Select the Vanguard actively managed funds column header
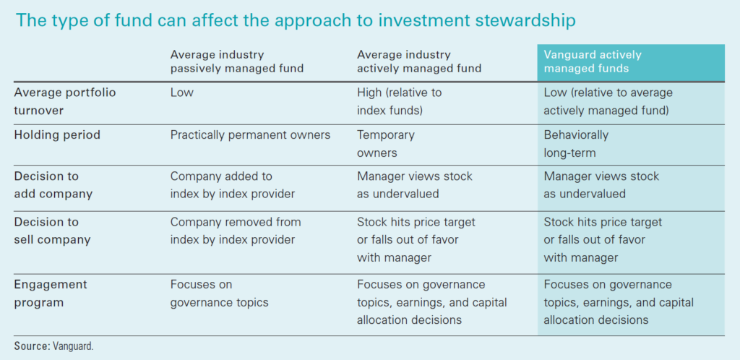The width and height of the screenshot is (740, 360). [x=593, y=61]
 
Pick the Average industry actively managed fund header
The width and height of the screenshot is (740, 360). [x=419, y=61]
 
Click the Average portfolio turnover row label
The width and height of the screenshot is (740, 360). [x=65, y=101]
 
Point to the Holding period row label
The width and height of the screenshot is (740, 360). [x=57, y=134]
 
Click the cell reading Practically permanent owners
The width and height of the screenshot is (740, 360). [x=249, y=134]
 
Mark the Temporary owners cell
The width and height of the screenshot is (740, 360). [x=386, y=143]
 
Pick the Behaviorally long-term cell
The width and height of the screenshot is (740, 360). [x=576, y=143]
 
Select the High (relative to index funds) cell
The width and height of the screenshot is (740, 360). [x=399, y=101]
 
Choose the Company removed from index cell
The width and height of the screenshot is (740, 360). [x=235, y=230]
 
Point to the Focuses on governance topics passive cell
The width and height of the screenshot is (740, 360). [x=219, y=293]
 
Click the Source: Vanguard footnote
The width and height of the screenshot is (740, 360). [x=54, y=346]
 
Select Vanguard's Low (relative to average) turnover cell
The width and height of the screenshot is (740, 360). [x=608, y=101]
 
